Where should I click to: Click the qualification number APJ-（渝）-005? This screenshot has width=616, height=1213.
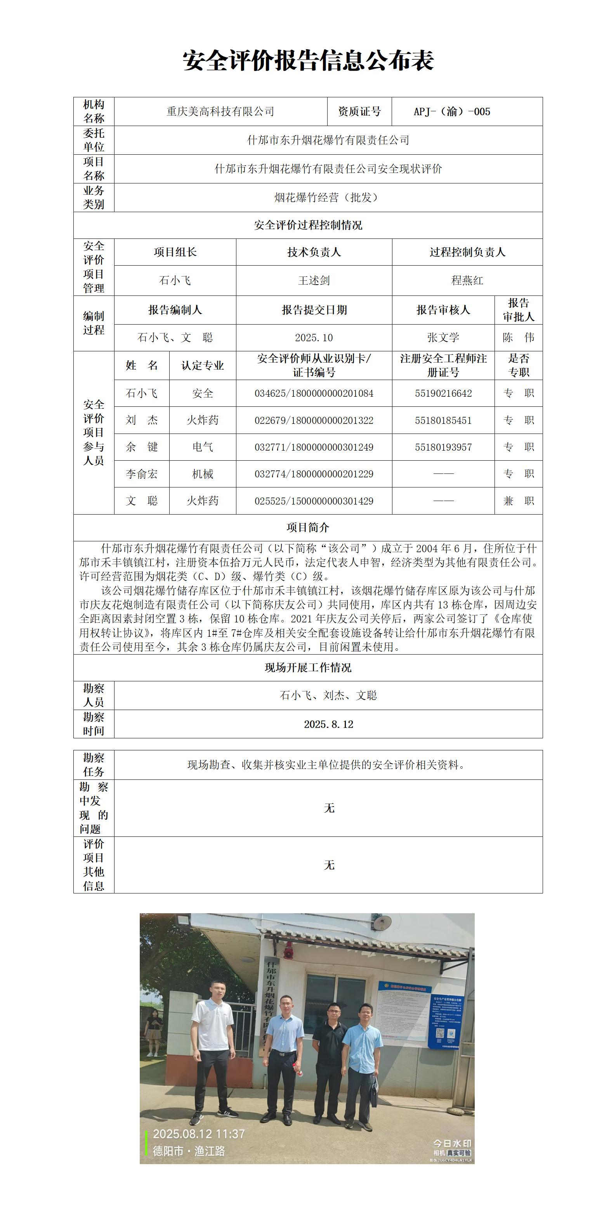(x=451, y=112)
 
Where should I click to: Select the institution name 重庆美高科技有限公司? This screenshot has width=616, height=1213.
(x=220, y=112)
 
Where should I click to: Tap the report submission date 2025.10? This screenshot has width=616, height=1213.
(x=314, y=338)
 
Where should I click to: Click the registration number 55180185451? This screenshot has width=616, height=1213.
(x=443, y=420)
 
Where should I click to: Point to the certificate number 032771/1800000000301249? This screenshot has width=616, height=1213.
(x=314, y=447)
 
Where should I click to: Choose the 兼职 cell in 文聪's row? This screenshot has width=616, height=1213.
(x=519, y=501)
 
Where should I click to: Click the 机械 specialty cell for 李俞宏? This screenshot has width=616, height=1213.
(x=203, y=474)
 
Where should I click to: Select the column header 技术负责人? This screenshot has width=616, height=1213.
(x=314, y=252)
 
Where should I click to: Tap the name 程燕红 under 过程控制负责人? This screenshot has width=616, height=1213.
(x=467, y=281)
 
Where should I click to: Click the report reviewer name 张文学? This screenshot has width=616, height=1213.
(x=443, y=338)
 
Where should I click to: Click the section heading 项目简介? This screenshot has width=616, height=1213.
(x=308, y=527)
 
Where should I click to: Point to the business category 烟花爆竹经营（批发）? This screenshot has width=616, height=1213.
(x=328, y=197)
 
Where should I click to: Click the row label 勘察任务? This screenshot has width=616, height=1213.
(x=93, y=765)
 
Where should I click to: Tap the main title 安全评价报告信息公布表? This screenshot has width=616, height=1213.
(x=308, y=61)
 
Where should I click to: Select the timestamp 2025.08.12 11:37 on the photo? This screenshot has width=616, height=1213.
(x=199, y=1134)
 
